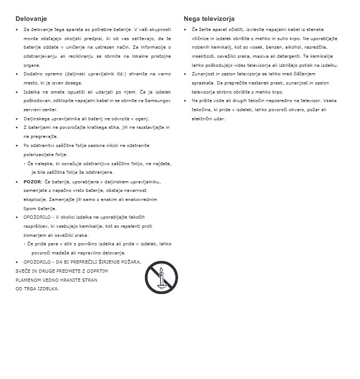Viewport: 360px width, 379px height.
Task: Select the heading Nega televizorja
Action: coord(209,19)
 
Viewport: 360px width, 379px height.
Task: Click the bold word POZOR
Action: coord(32,182)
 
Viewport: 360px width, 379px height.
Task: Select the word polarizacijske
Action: coord(40,154)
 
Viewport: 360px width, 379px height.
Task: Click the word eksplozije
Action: coord(35,199)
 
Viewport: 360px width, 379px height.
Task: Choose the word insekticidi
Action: coord(204,56)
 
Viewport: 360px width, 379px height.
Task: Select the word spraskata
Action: coord(203,83)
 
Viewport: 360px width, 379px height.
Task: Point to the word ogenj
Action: coord(141,118)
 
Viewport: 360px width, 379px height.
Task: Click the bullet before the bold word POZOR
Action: coord(18,182)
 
